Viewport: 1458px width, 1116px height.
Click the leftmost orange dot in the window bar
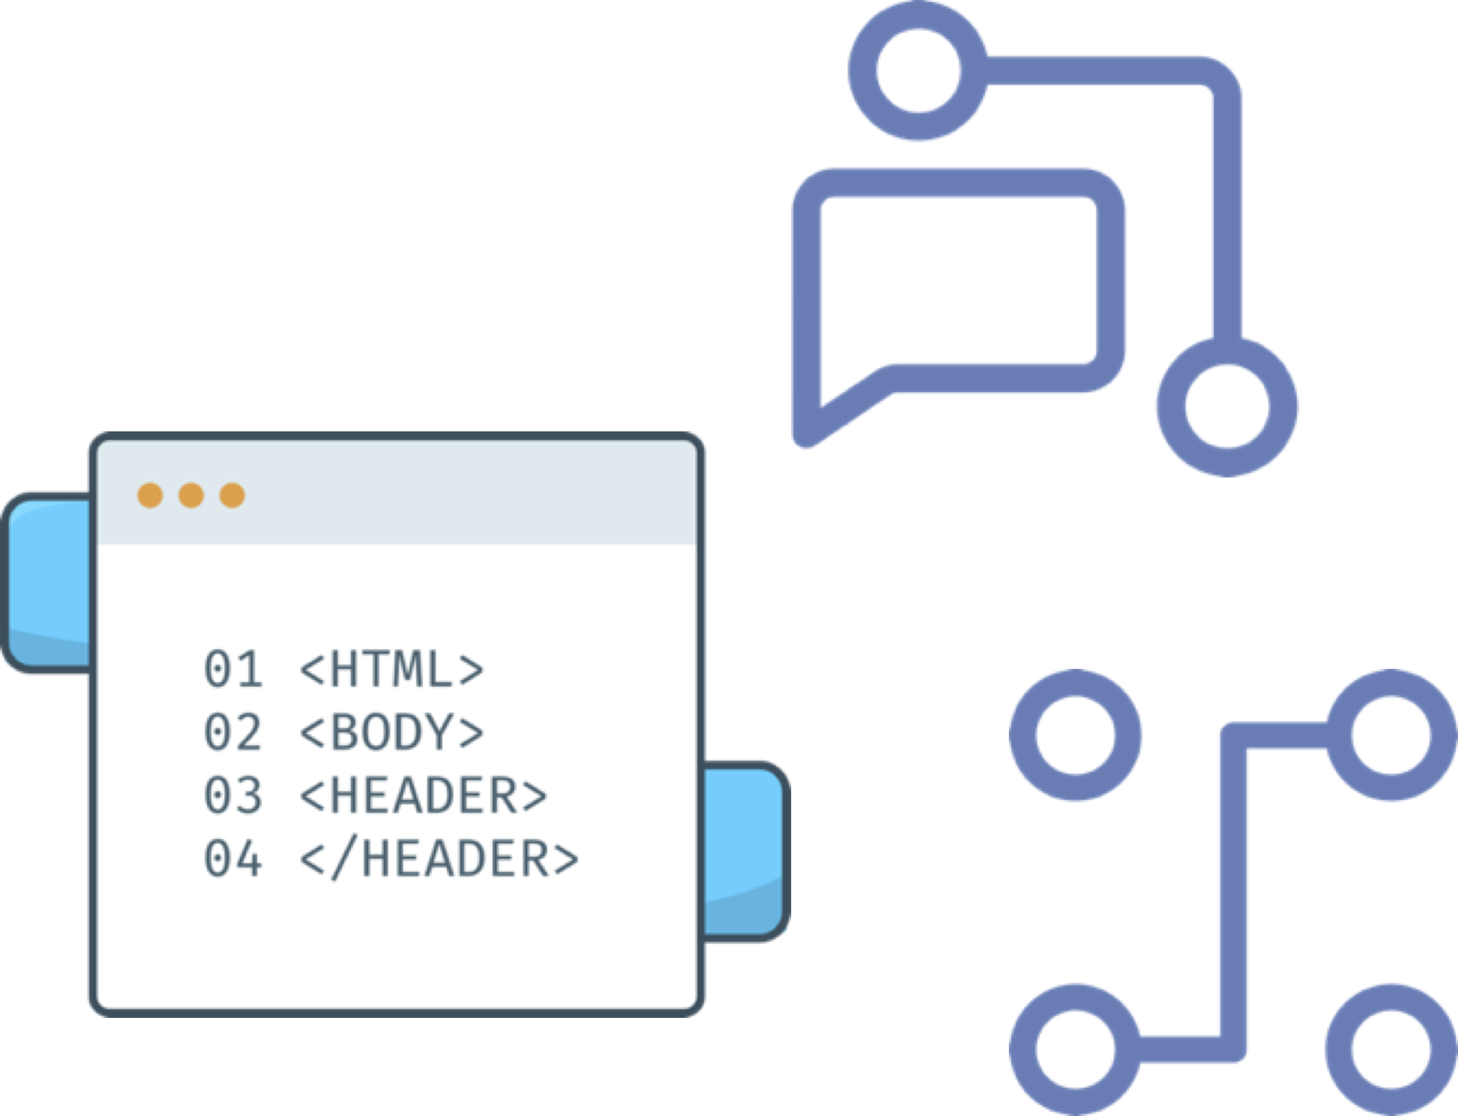tap(150, 495)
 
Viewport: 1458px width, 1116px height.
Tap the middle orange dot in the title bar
tap(191, 495)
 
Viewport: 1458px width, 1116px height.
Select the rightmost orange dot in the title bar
tap(232, 495)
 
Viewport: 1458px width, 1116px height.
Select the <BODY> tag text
tap(392, 732)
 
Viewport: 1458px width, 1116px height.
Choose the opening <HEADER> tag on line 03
tap(424, 795)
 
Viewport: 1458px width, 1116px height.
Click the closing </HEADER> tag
tap(440, 858)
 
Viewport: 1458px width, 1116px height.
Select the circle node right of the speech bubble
tap(1227, 407)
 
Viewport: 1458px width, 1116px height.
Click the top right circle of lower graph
tap(1391, 735)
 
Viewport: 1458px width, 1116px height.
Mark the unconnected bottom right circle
tap(1391, 1050)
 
